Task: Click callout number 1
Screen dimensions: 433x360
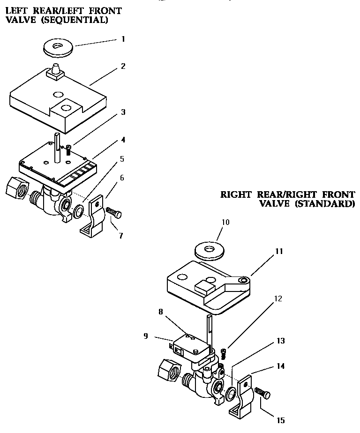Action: tap(123, 39)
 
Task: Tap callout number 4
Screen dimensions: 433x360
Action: tap(123, 140)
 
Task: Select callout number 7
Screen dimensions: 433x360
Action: tap(121, 236)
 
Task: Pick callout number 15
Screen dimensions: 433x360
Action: tap(281, 420)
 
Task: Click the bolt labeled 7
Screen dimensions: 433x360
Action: tap(113, 213)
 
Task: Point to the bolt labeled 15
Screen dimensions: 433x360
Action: tap(263, 394)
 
